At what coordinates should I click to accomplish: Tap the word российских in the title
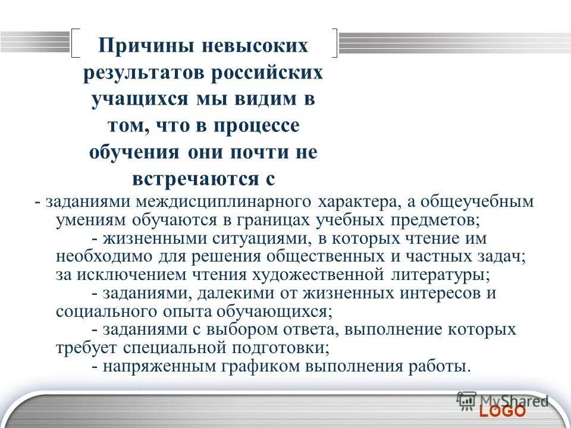(x=272, y=73)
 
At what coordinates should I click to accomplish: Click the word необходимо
(x=98, y=256)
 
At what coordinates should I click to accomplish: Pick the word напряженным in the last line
(x=155, y=366)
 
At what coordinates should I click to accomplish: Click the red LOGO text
(x=503, y=411)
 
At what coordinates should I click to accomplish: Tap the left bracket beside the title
(x=76, y=43)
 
